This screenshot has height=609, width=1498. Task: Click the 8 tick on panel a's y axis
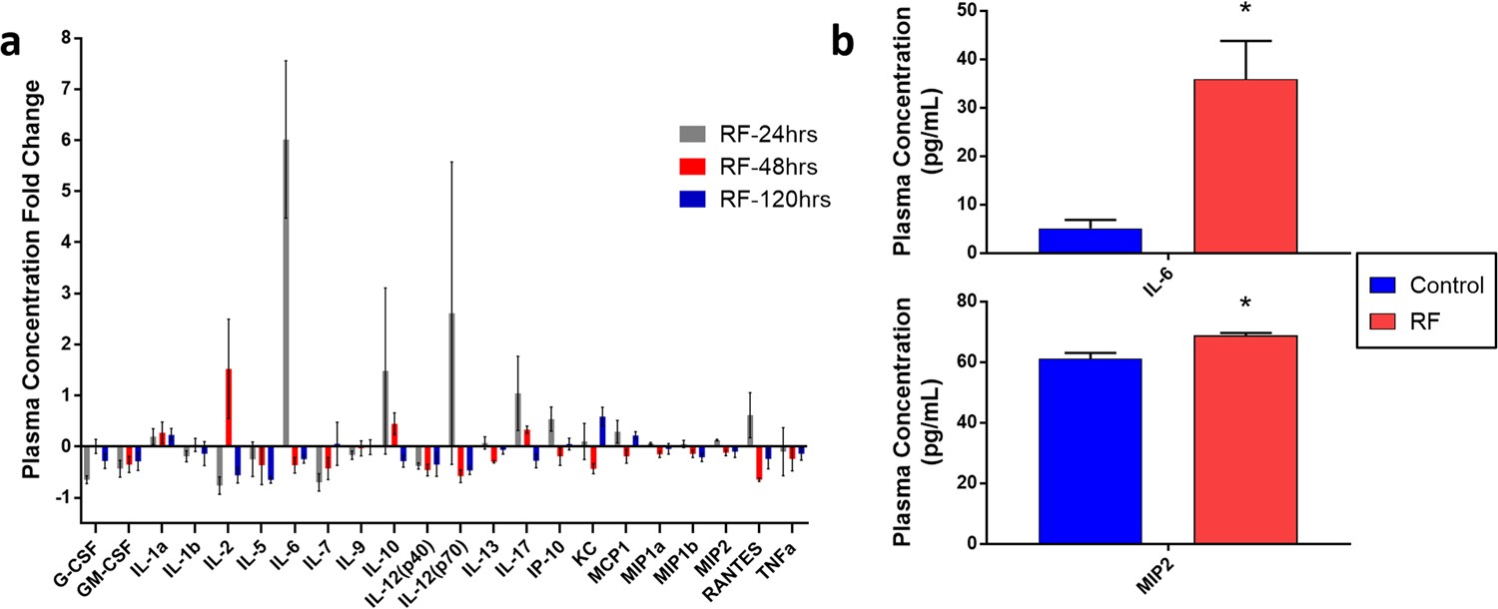point(66,38)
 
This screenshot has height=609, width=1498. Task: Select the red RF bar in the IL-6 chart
point(1245,166)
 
